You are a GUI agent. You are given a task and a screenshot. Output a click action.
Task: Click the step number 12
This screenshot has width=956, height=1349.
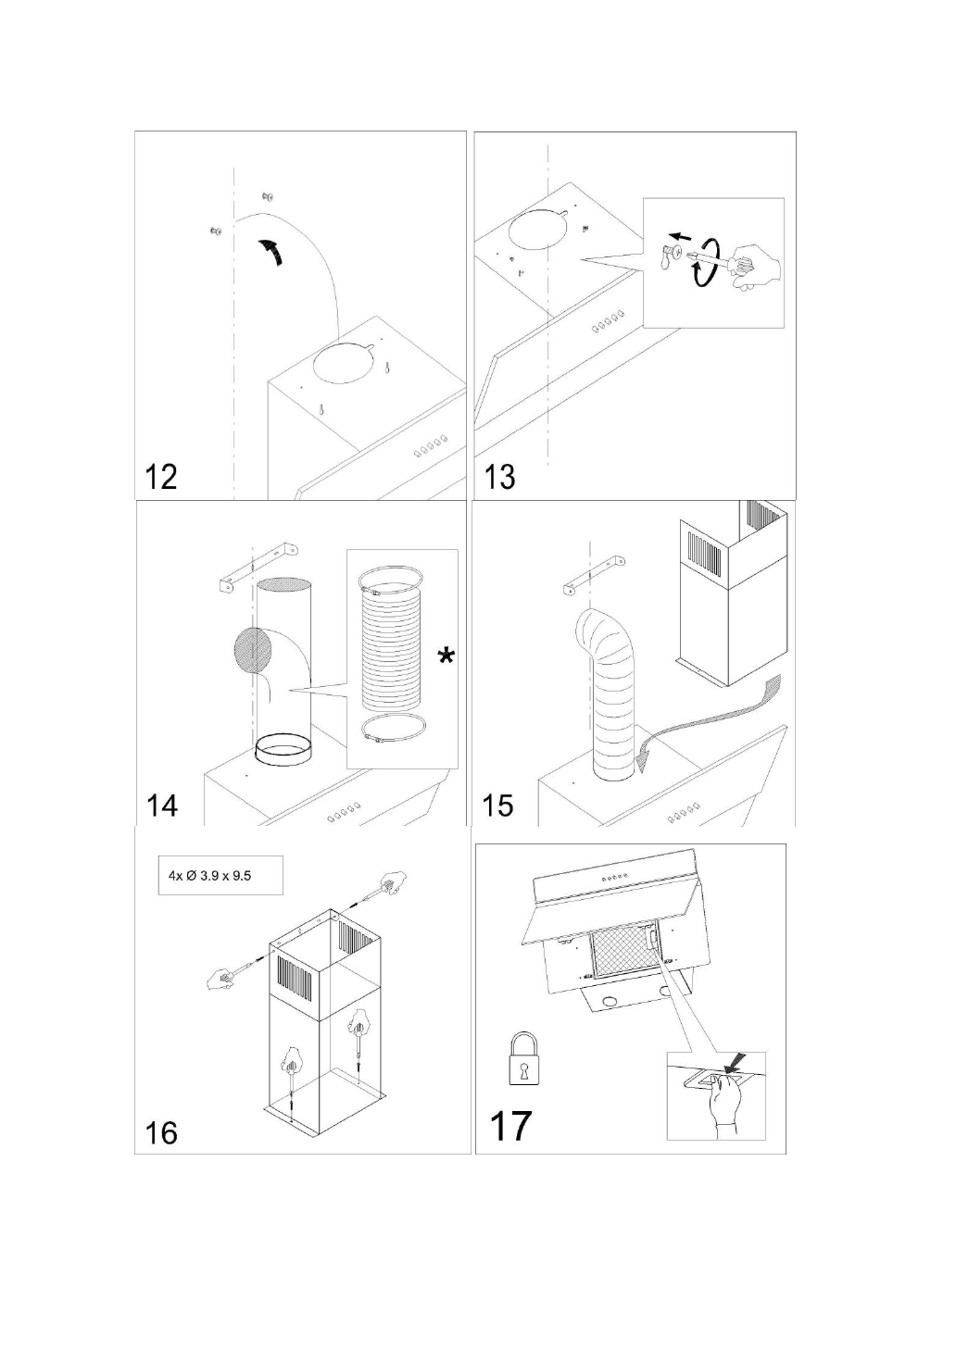[161, 477]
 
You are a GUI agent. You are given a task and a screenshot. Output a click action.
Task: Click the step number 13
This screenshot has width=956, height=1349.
[499, 477]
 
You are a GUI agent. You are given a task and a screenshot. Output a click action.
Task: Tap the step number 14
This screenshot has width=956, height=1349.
[162, 805]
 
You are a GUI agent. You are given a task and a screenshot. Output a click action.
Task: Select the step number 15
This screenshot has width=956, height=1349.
[498, 805]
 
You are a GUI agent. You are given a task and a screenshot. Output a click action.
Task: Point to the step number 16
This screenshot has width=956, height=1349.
[161, 1132]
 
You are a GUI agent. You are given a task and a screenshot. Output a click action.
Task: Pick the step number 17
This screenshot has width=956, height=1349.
[509, 1126]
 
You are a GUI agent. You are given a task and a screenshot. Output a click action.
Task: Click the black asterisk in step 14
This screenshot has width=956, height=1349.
[447, 656]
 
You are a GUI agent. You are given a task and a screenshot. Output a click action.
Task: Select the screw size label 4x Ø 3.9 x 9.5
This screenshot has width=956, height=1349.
[210, 875]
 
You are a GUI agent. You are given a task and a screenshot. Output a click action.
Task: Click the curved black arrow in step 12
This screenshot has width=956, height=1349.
[271, 250]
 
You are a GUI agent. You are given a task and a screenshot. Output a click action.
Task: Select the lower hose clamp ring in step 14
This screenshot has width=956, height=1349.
[390, 729]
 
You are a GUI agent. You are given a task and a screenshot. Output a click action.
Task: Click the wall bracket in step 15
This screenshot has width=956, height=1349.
[592, 575]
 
